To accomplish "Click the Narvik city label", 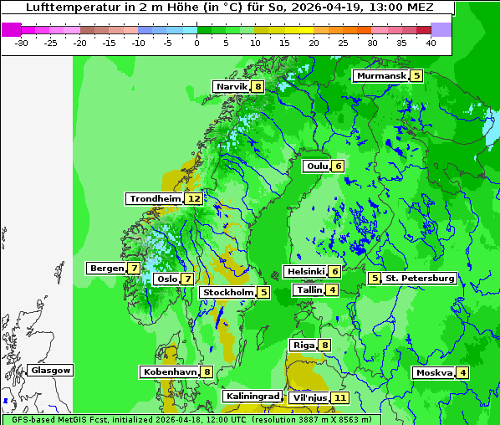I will [x=232, y=87].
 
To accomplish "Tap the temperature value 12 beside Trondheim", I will [x=194, y=199].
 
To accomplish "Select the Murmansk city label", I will [x=381, y=76].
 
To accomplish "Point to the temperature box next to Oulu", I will [x=338, y=166].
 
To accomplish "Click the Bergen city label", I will [x=106, y=269].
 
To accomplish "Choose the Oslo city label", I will [x=167, y=279].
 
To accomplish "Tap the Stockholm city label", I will [x=227, y=293].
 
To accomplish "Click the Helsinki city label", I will [x=304, y=272].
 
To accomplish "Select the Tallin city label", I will [x=309, y=290].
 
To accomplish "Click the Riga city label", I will [x=303, y=346].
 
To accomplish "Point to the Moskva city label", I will [x=434, y=373].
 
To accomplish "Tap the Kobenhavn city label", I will [x=169, y=371].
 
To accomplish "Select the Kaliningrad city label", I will [x=252, y=397].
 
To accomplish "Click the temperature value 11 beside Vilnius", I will [x=339, y=398].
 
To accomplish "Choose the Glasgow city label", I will [x=51, y=371].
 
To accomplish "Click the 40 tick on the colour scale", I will [x=431, y=42].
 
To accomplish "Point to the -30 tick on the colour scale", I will [x=22, y=42].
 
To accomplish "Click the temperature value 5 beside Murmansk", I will [x=416, y=76].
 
